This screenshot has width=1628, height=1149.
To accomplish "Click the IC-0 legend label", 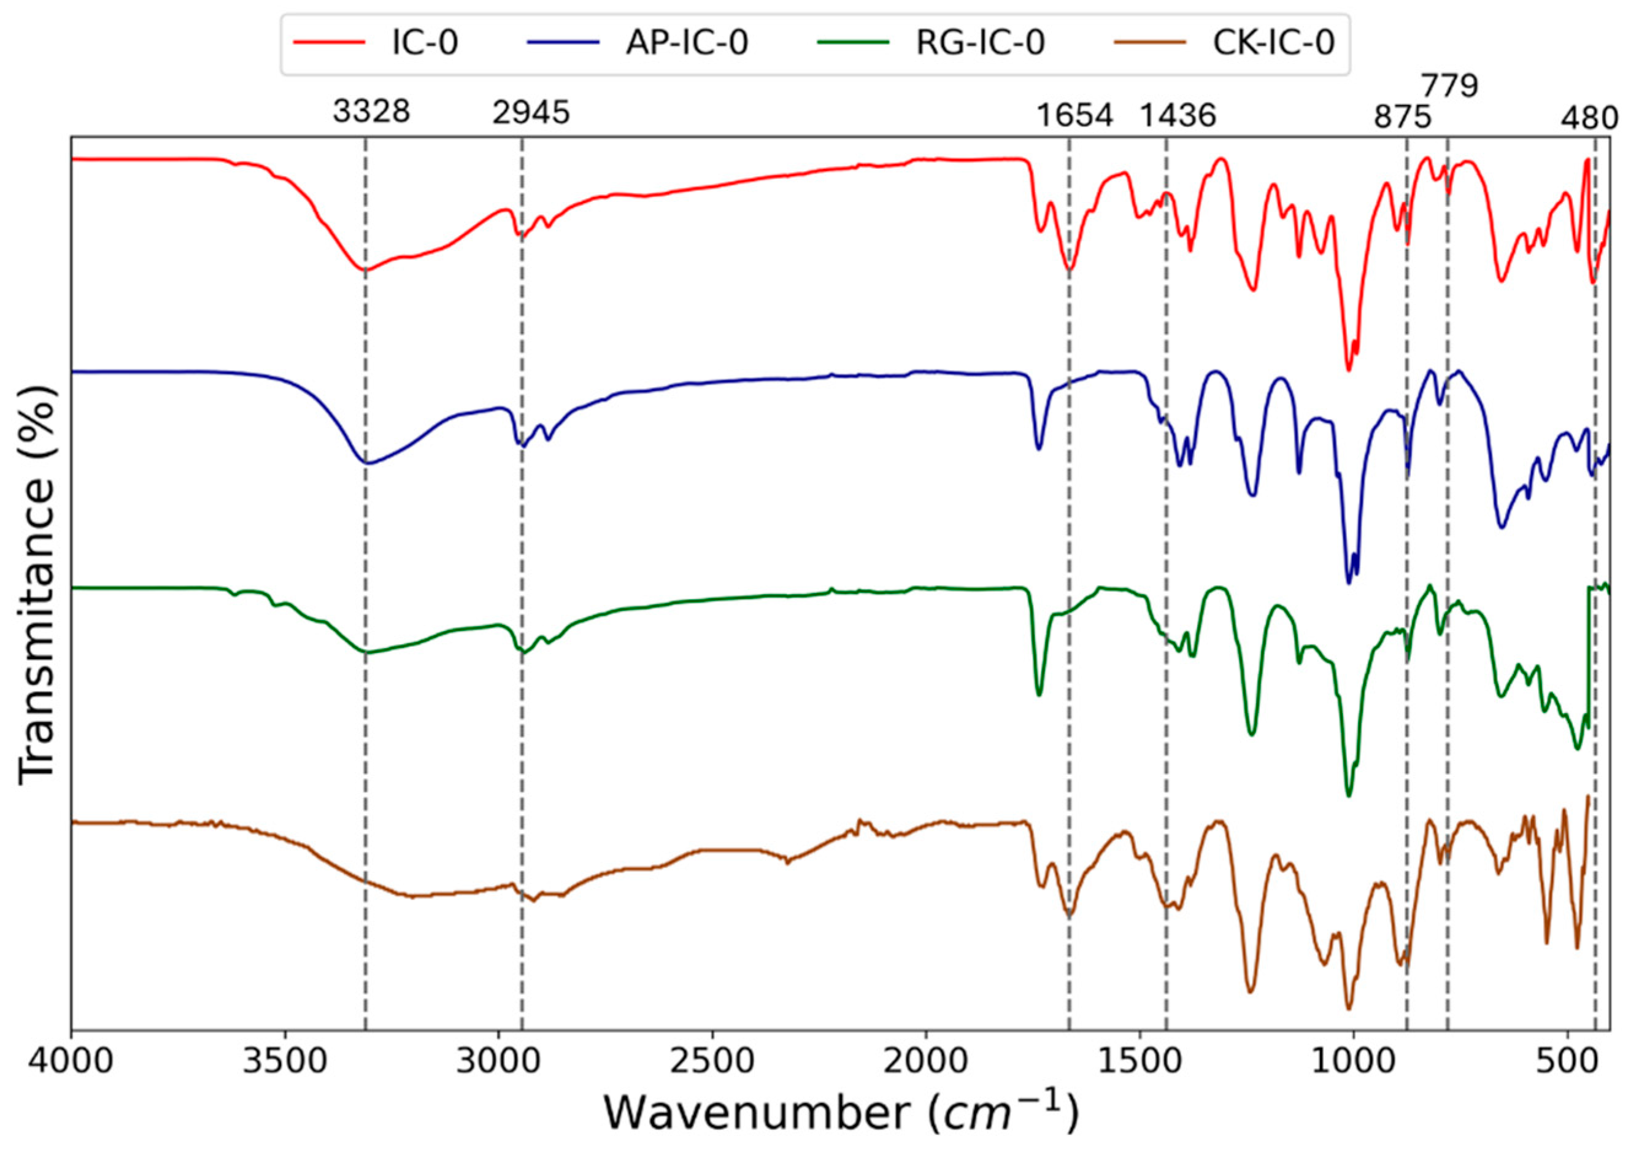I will [x=425, y=43].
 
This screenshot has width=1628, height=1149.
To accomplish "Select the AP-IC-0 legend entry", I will [x=687, y=43].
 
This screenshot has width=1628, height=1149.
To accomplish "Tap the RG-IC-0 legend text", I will [x=981, y=43].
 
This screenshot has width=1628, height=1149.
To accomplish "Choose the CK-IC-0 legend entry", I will [x=1273, y=43].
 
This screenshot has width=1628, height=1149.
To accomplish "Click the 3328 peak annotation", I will [x=371, y=112].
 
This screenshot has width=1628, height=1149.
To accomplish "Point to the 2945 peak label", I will [x=531, y=112].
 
